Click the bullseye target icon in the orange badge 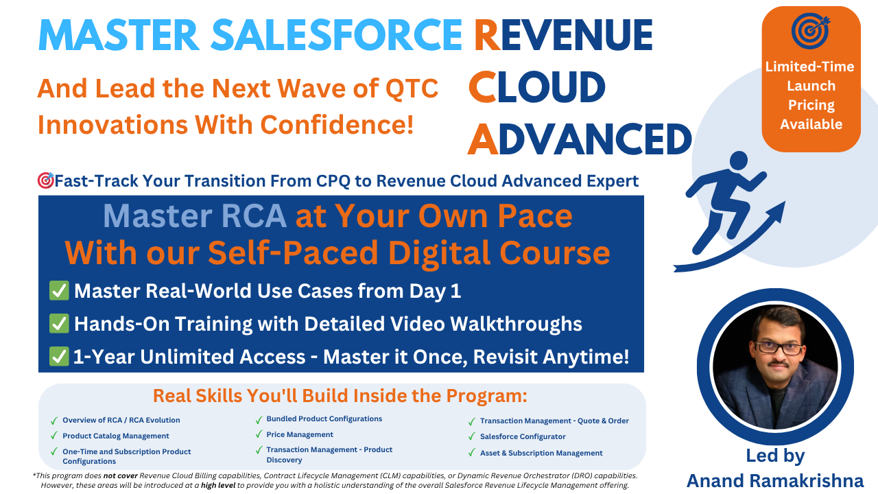point(810,31)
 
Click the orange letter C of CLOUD point(482,86)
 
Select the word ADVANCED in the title point(580,139)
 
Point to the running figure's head point(739,161)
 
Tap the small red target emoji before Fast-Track point(46,180)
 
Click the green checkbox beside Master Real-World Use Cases point(59,290)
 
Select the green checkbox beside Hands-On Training point(59,323)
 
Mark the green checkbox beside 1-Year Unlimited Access point(59,356)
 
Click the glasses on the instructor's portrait point(778,348)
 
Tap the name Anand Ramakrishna point(775,481)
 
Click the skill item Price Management point(300,434)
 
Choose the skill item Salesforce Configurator point(523,436)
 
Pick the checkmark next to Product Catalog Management point(54,436)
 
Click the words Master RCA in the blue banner point(195,216)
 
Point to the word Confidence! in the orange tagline point(337,125)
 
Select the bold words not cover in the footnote point(120,475)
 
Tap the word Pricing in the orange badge point(811,105)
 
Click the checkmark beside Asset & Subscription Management point(472,454)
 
